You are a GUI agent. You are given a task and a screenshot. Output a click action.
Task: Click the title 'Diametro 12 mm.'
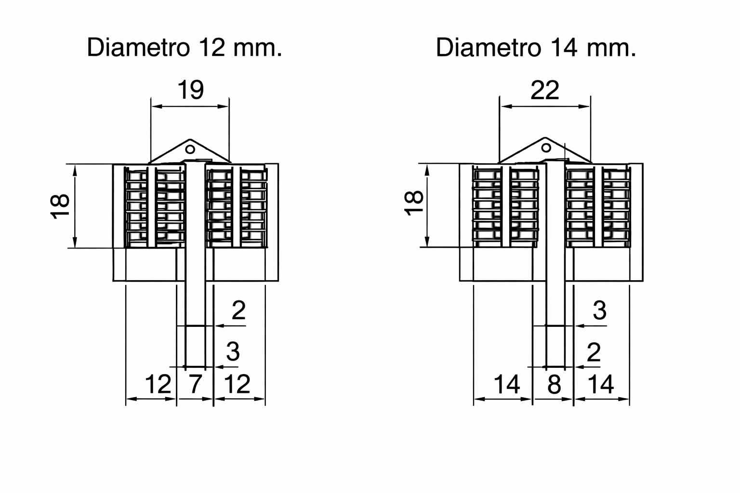point(184,48)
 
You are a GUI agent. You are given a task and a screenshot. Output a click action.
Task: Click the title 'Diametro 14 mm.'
point(536,48)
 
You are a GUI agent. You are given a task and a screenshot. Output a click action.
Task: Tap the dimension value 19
point(191,90)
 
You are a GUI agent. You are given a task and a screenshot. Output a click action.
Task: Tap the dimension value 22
point(545,90)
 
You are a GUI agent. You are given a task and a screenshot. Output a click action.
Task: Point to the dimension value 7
point(195,384)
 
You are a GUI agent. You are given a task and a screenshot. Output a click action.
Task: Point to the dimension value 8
point(555,385)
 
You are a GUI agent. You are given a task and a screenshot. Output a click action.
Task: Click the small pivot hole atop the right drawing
point(546,147)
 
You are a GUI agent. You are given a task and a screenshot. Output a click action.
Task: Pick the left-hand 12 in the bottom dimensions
point(158,384)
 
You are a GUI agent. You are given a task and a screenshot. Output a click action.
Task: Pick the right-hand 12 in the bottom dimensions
point(238,384)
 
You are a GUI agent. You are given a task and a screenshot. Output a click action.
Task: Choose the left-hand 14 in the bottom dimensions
point(507,385)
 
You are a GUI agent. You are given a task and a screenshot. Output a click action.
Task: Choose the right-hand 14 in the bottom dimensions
point(601,385)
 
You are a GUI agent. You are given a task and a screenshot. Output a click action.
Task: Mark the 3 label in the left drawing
point(233,352)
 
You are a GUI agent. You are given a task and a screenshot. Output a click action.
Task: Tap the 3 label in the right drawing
point(599,311)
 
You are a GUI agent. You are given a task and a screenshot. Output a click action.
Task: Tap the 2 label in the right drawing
point(595,353)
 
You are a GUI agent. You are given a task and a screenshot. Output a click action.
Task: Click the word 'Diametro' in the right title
point(488,48)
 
